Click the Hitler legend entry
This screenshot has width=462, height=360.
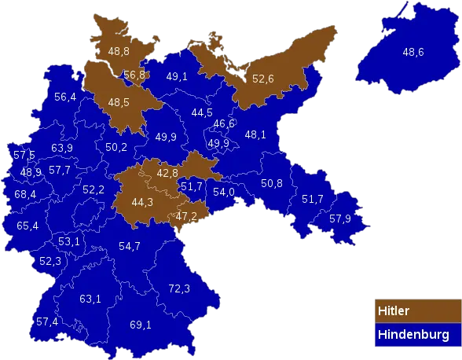pyautogui.click(x=415, y=310)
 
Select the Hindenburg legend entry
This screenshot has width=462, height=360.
pyautogui.click(x=415, y=335)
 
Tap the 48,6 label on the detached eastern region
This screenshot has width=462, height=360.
pyautogui.click(x=413, y=52)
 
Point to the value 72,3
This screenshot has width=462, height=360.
pyautogui.click(x=179, y=288)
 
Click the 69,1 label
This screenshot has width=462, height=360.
pyautogui.click(x=140, y=324)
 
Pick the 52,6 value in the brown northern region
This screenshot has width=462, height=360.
pyautogui.click(x=263, y=79)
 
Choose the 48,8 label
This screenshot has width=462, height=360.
pyautogui.click(x=119, y=51)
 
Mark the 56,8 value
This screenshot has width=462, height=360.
pyautogui.click(x=134, y=75)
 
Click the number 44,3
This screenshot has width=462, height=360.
pyautogui.click(x=142, y=201)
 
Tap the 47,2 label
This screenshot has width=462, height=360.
pyautogui.click(x=186, y=216)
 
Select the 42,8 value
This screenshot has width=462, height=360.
pyautogui.click(x=167, y=172)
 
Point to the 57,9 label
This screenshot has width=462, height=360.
pyautogui.click(x=340, y=218)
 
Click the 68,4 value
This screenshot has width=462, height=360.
pyautogui.click(x=24, y=194)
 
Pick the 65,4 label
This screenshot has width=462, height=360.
pyautogui.click(x=27, y=226)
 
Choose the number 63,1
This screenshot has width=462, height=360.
pyautogui.click(x=90, y=299)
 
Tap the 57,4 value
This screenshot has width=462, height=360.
pyautogui.click(x=47, y=321)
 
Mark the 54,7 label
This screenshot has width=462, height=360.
pyautogui.click(x=129, y=246)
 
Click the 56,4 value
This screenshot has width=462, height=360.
pyautogui.click(x=65, y=97)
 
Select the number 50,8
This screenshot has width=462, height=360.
pyautogui.click(x=272, y=183)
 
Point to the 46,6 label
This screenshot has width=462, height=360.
pyautogui.click(x=224, y=123)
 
